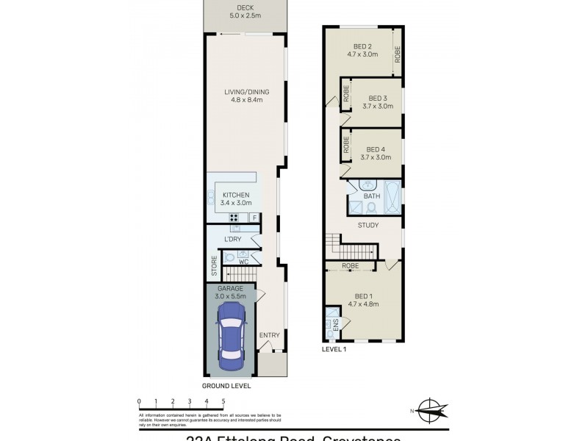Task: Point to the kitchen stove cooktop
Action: (x=235, y=218)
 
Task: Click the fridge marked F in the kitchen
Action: (x=254, y=218)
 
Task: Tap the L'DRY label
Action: (x=232, y=240)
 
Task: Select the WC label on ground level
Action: (x=243, y=262)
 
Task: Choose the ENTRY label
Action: (x=270, y=335)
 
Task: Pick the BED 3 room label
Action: (x=378, y=101)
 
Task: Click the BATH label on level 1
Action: (x=371, y=196)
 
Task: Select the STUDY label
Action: (x=368, y=225)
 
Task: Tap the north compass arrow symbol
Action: (x=434, y=409)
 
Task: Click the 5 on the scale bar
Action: (x=223, y=401)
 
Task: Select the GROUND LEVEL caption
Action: (x=226, y=385)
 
